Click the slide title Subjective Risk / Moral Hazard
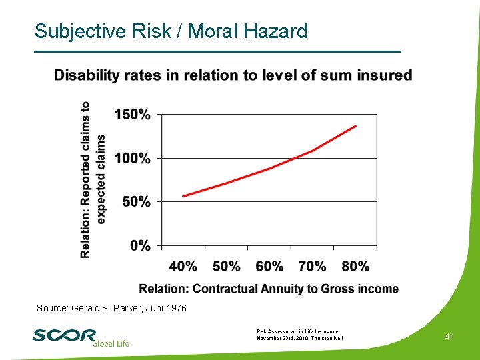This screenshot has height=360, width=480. [171, 31]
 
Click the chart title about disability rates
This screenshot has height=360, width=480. [233, 75]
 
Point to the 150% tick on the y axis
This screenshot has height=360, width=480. [132, 115]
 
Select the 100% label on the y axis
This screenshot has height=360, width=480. [132, 159]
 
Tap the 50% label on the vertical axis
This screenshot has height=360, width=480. [136, 201]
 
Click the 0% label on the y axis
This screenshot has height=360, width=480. [140, 245]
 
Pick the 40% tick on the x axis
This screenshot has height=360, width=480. [183, 266]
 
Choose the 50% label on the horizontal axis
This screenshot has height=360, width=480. [226, 266]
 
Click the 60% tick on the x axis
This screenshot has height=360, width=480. [269, 266]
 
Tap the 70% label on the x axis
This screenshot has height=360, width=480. [312, 266]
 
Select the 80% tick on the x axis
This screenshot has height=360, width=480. [355, 266]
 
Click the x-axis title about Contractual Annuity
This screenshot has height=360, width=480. [269, 289]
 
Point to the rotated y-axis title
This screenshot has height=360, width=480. [93, 180]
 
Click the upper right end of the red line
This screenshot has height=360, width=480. [356, 126]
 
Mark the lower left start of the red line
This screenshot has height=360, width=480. [183, 196]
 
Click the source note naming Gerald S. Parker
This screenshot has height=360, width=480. [111, 308]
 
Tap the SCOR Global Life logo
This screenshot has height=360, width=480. [80, 337]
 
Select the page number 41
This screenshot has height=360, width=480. [449, 337]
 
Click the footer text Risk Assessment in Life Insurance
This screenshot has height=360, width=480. [297, 331]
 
